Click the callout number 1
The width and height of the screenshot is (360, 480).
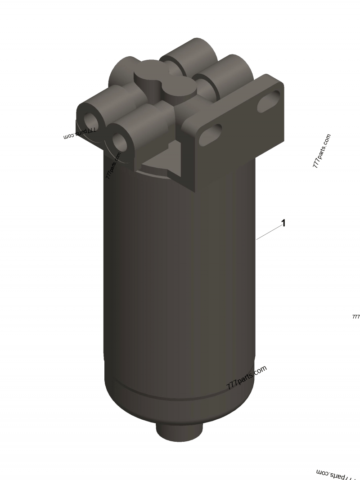pyautogui.click(x=283, y=223)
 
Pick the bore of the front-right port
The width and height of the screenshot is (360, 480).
pyautogui.click(x=120, y=142)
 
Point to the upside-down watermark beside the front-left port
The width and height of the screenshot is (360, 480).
pyautogui.click(x=81, y=133)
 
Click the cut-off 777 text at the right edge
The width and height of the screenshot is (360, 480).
pyautogui.click(x=356, y=317)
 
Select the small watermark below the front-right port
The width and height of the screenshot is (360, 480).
pyautogui.click(x=113, y=166)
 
